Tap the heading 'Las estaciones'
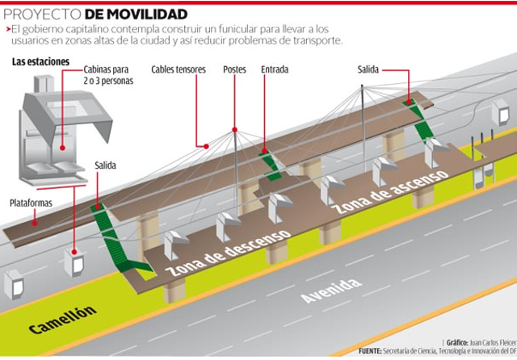[x=40, y=62]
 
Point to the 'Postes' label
[x=234, y=69]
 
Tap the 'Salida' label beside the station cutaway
[x=106, y=165]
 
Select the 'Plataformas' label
[x=32, y=201]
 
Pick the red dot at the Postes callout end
[x=234, y=127]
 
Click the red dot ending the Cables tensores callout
[x=207, y=147]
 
